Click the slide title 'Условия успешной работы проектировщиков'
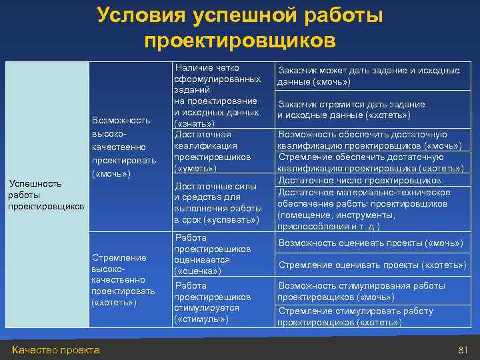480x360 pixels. point(240,28)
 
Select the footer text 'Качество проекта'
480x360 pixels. point(56,350)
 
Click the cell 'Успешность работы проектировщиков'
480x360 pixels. point(46,195)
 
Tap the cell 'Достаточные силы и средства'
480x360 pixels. point(216,203)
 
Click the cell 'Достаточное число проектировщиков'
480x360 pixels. point(359,181)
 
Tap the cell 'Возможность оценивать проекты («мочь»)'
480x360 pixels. point(371,243)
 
